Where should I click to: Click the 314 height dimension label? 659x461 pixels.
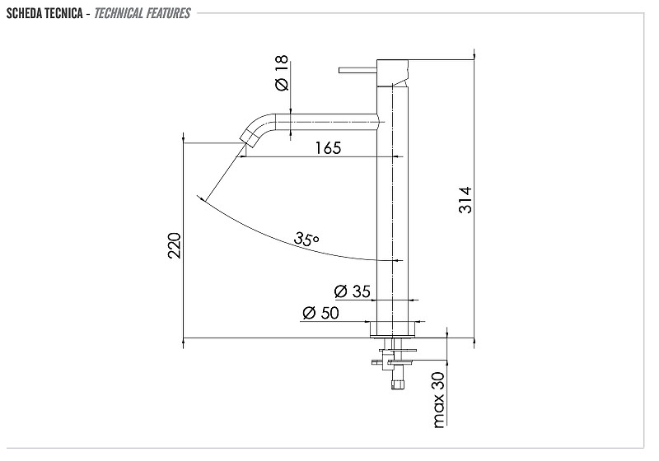pyautogui.click(x=465, y=200)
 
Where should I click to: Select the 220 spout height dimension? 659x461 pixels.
pyautogui.click(x=175, y=245)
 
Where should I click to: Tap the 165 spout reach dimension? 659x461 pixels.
pyautogui.click(x=328, y=148)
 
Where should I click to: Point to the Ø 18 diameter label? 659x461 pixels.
pyautogui.click(x=282, y=72)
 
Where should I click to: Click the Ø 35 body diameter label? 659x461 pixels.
pyautogui.click(x=353, y=291)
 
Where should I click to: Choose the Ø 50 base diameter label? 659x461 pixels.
pyautogui.click(x=320, y=313)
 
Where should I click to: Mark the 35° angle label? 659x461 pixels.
pyautogui.click(x=306, y=239)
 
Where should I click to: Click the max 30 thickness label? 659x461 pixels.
pyautogui.click(x=438, y=400)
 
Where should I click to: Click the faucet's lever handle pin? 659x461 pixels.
pyautogui.click(x=358, y=70)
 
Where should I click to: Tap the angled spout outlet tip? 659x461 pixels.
pyautogui.click(x=249, y=138)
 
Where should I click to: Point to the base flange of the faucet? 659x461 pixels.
pyautogui.click(x=393, y=329)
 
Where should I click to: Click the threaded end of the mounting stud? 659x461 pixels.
pyautogui.click(x=398, y=384)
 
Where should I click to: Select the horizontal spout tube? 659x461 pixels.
pyautogui.click(x=326, y=122)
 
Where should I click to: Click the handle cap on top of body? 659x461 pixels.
pyautogui.click(x=393, y=72)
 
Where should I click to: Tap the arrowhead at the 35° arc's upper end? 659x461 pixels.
pyautogui.click(x=202, y=198)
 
